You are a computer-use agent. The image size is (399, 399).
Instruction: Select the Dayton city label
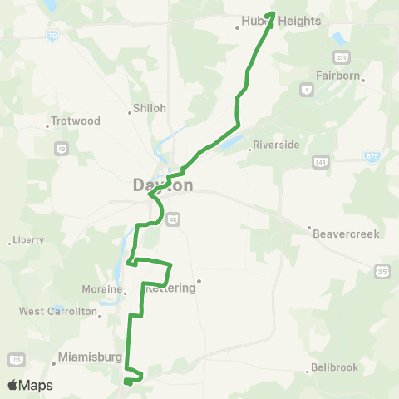[x=163, y=185]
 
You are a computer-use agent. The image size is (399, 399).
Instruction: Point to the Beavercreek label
[x=346, y=234]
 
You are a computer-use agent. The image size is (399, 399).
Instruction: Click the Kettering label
[x=171, y=288]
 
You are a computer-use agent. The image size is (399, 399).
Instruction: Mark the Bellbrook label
[x=333, y=367]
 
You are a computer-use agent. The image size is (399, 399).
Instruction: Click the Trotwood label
[x=76, y=121]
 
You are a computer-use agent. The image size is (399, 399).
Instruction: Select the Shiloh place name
[x=150, y=108]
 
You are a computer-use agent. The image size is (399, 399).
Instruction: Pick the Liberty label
[x=29, y=240]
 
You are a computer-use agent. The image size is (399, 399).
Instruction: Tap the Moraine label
[x=104, y=289]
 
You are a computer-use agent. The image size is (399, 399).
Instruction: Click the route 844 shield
[x=319, y=160]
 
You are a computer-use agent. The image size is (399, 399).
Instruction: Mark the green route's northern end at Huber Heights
[x=273, y=13]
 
